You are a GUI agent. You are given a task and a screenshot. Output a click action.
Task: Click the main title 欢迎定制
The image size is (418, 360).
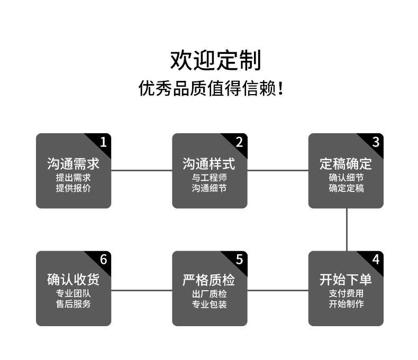coord(215,60)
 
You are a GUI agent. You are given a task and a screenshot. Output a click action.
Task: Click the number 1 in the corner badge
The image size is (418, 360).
coord(103,142)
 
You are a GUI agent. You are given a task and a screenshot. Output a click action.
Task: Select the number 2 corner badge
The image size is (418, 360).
coord(239,142)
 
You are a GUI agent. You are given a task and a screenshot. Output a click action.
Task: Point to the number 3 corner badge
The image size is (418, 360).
coord(376,142)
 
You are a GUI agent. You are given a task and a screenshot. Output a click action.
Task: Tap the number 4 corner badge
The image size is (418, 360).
coord(376,260)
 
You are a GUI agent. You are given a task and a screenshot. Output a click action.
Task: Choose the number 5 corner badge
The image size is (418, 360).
coord(239,260)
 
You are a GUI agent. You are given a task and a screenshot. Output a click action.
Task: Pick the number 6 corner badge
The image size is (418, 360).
coord(103,260)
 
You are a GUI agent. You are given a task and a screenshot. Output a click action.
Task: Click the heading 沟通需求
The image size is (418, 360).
coord(73,164)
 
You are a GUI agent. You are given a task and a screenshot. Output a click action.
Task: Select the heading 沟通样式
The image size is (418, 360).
coord(209,164)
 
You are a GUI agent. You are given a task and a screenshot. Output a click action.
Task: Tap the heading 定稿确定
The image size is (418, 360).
coord(346,164)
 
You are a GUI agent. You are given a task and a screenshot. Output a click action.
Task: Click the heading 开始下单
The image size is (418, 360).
coord(346,280)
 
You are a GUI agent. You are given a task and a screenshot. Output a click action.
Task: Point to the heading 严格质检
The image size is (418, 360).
coord(209,280)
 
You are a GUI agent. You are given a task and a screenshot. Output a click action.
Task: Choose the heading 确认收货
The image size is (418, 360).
coord(73,280)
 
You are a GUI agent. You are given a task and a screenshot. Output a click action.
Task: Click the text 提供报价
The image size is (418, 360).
coord(73,188)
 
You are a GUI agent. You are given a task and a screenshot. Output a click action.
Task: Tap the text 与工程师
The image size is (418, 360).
coord(209,178)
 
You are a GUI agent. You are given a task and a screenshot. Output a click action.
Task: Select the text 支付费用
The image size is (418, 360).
coord(346,293)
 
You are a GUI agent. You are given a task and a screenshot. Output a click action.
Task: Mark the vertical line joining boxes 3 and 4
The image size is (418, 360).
coord(347,229)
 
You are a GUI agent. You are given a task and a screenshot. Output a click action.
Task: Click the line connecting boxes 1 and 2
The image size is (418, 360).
coord(142,170)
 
